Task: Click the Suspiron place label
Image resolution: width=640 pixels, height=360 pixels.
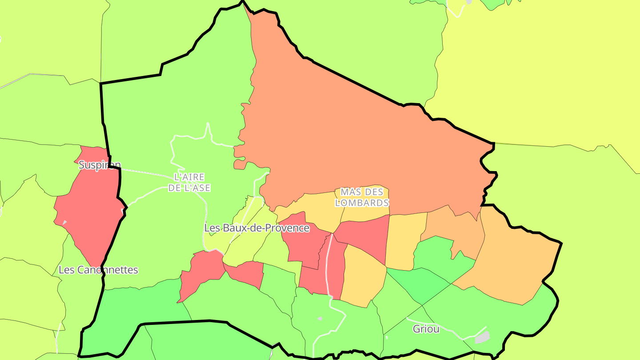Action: coord(100,165)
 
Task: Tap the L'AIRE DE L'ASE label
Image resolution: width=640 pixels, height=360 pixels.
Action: coord(189,183)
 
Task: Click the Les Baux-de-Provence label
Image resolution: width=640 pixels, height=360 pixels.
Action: coord(256,228)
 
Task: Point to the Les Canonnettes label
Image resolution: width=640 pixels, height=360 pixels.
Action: coord(98,270)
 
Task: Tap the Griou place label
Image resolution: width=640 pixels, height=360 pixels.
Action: coord(426,329)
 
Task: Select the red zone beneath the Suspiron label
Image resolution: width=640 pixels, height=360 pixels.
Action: coord(89,213)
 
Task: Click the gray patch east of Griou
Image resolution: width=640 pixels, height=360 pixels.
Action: coord(482,337)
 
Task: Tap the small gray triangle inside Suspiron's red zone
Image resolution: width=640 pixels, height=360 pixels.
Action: coord(64,222)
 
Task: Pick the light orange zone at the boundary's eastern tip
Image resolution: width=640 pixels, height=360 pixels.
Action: coord(516,262)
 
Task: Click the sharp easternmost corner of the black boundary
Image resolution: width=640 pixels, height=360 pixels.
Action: coord(561,243)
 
